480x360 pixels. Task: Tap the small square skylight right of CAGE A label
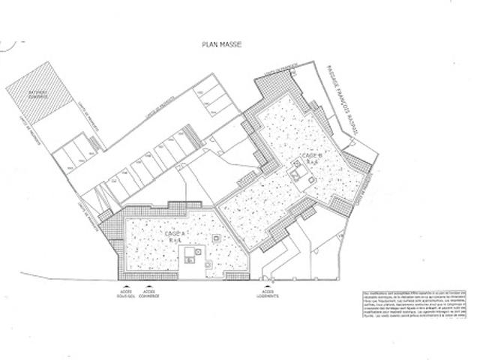[216, 238]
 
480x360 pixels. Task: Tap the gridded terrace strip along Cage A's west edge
[112, 247]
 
